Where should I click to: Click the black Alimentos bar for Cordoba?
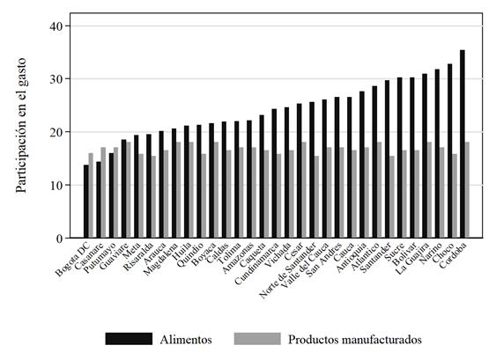(463, 144)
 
